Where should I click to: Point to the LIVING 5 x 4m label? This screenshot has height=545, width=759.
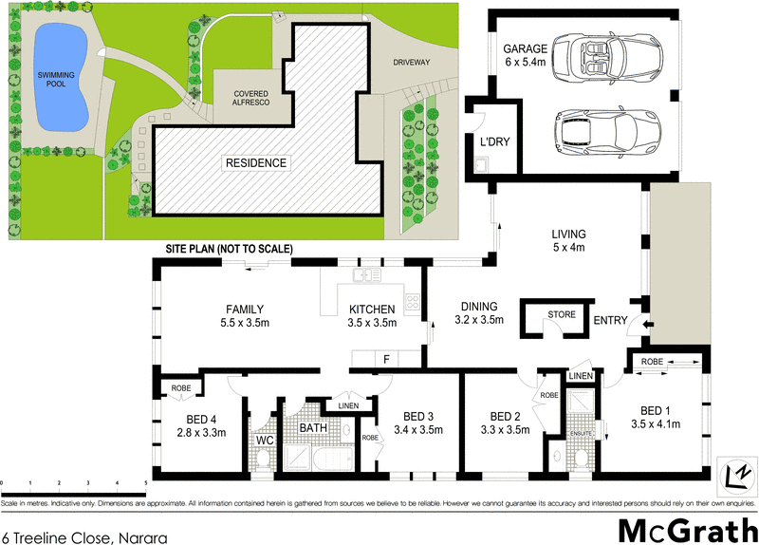click(569, 241)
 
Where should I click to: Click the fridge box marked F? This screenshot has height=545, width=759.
click(387, 359)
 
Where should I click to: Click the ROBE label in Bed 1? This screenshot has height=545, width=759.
click(652, 362)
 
